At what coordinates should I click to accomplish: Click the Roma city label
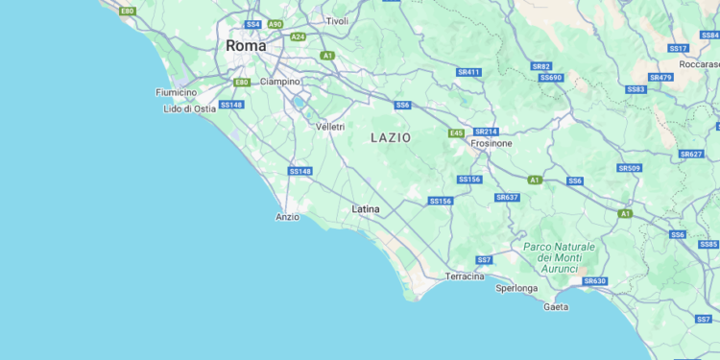click(246, 45)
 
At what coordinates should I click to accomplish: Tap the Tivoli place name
click(337, 20)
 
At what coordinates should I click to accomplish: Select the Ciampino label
click(280, 82)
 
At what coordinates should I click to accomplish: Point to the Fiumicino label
click(176, 92)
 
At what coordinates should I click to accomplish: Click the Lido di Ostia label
click(190, 108)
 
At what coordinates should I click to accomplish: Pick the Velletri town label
click(329, 127)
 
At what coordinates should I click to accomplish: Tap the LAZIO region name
click(391, 138)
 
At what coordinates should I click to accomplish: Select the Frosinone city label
click(491, 143)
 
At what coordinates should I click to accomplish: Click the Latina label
click(366, 208)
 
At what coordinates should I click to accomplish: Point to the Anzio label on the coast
click(287, 217)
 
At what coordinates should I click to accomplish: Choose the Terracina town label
click(465, 276)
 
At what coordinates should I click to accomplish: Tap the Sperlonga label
click(516, 288)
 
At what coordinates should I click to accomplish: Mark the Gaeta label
click(556, 307)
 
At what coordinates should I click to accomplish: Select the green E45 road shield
click(456, 133)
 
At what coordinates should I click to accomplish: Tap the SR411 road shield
click(468, 72)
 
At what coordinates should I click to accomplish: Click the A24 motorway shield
click(298, 36)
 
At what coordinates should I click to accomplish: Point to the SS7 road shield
click(485, 260)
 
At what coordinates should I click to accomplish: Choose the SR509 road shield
click(629, 168)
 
